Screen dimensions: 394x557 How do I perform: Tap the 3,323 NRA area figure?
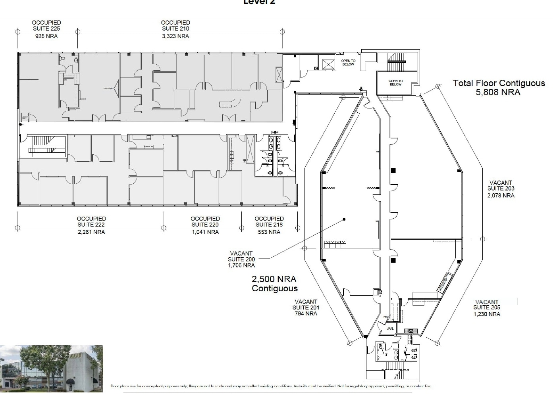[x=175, y=36]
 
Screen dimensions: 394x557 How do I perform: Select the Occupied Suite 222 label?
[x=91, y=221]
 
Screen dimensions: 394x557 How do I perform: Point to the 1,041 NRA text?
[x=205, y=232]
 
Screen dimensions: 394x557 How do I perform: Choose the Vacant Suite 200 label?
[x=241, y=259]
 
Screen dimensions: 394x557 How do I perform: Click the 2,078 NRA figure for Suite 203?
[x=501, y=195]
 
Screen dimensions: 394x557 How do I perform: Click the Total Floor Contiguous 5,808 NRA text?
[x=499, y=88]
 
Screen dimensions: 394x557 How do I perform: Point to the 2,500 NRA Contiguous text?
[x=274, y=284]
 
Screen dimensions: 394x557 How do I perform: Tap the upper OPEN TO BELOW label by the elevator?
[x=348, y=62]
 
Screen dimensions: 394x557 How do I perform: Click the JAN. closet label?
[x=390, y=329]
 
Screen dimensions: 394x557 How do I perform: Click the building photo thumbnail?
[x=51, y=369]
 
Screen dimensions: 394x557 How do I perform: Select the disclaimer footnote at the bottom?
[x=271, y=386]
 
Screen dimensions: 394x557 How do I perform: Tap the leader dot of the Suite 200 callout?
[x=344, y=219]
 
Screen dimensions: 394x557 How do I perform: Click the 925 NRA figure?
[x=46, y=36]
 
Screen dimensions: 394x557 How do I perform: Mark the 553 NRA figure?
[x=269, y=232]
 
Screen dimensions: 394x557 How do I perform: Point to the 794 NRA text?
[x=306, y=313]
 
